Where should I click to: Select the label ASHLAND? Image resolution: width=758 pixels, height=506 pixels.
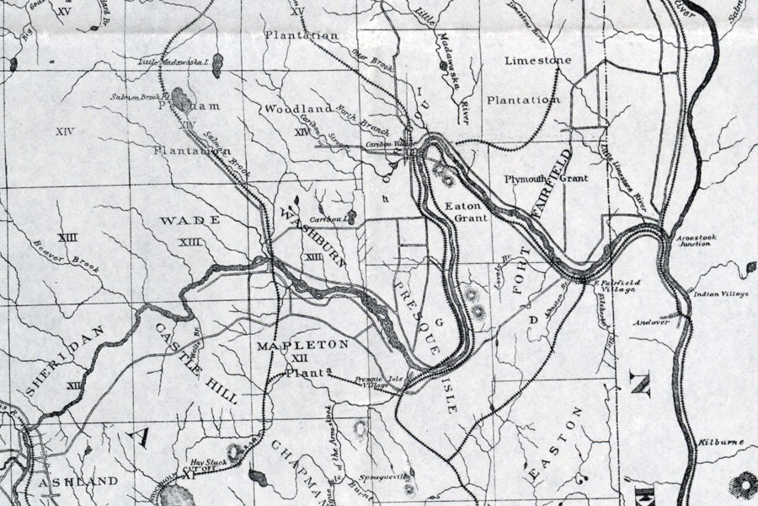click(78, 481)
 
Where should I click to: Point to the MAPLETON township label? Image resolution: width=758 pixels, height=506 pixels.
click(302, 345)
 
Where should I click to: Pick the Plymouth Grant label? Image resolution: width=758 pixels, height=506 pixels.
click(545, 179)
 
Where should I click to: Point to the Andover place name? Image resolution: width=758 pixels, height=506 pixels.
click(652, 322)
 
